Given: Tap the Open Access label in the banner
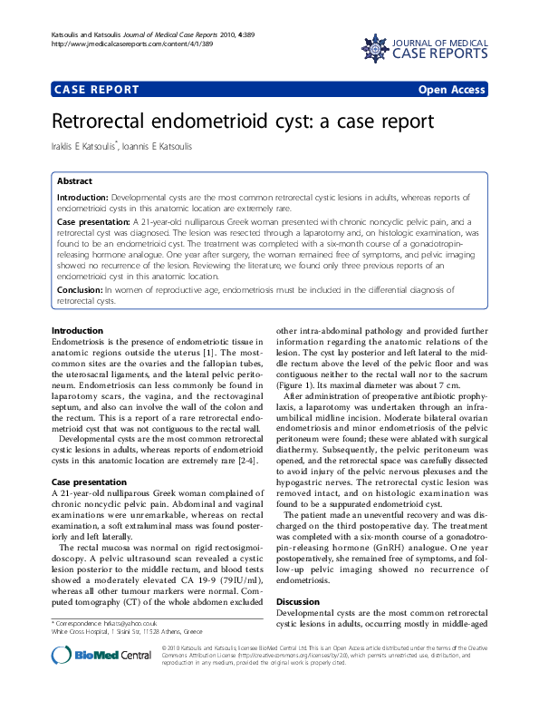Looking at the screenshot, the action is [451, 90].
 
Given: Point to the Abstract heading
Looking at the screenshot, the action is [75, 181].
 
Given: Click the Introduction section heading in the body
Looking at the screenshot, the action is [77, 330].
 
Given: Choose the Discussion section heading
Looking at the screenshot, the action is [298, 601].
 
